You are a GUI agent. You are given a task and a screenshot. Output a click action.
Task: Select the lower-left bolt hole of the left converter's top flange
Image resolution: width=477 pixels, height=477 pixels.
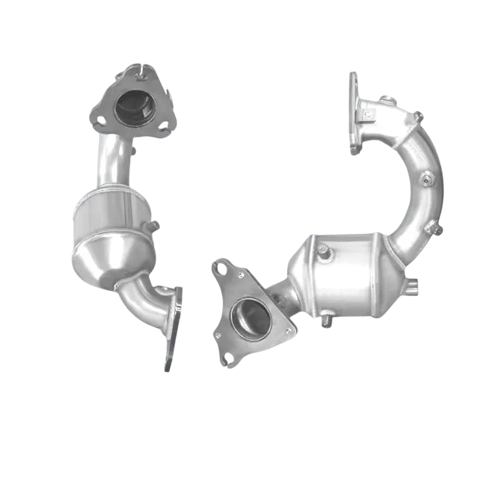click(x=100, y=121)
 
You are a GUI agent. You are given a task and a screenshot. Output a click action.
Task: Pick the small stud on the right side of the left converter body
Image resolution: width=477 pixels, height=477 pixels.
click(x=154, y=226)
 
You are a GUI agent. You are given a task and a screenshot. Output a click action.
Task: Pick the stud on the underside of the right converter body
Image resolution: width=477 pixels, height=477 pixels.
click(x=326, y=324)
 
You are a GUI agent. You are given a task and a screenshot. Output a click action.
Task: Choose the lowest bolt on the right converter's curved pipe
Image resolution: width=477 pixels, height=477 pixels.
click(x=436, y=229)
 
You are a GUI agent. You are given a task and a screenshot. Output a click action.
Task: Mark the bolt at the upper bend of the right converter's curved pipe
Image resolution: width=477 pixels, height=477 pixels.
click(x=419, y=116)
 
